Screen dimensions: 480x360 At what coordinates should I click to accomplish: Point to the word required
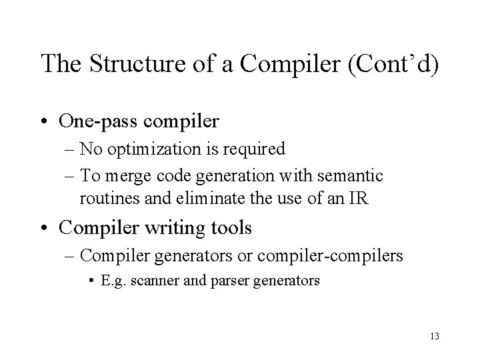[x=256, y=149]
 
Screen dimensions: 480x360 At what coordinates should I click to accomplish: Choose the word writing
[x=167, y=228]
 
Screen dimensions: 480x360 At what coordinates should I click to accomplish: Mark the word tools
[x=229, y=228]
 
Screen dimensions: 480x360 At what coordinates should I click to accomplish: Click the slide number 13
[x=435, y=335]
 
